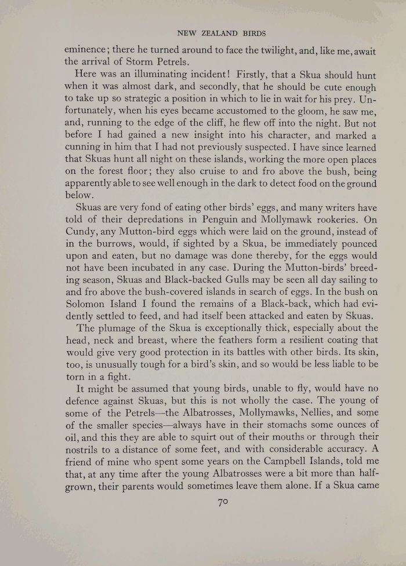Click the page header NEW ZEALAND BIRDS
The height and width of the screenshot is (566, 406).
221,33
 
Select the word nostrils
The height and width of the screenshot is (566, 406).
86,449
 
